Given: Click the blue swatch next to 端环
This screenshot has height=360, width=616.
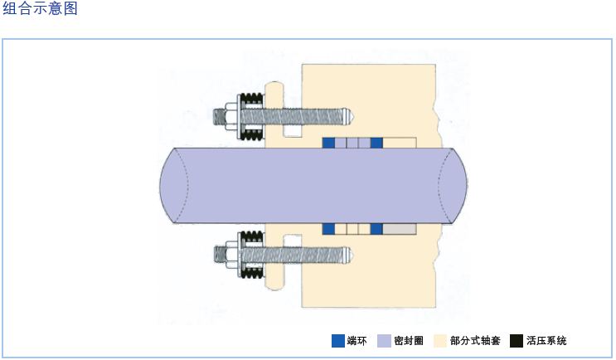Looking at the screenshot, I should coord(337,340).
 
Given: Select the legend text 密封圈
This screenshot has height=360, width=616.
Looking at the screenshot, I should coord(410,340).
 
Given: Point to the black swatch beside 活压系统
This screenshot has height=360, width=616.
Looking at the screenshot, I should coord(517,340).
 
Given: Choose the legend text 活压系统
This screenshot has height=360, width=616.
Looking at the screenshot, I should coord(547,340).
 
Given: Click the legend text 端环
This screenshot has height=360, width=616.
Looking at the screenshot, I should coord(357,340).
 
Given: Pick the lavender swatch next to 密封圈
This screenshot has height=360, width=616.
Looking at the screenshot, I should coord(384,340).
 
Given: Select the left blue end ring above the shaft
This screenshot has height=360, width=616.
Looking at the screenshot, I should coord(328,143).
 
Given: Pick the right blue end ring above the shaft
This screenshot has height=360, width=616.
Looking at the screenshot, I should coord(376,143).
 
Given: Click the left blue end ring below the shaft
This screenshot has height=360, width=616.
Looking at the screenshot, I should coord(328,228).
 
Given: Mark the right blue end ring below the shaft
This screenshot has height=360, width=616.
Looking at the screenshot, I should coord(376,228).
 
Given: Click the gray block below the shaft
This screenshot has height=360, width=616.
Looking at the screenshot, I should coord(399,228).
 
